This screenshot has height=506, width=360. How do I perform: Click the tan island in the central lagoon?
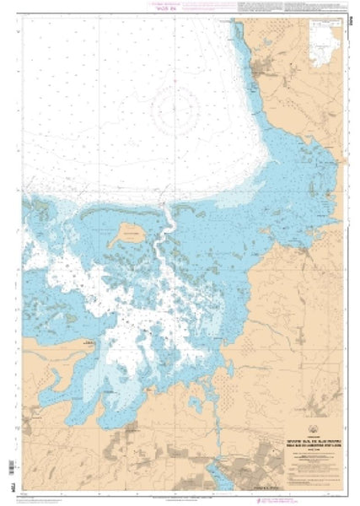point(129,229)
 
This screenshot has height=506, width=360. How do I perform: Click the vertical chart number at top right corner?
point(350,15)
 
